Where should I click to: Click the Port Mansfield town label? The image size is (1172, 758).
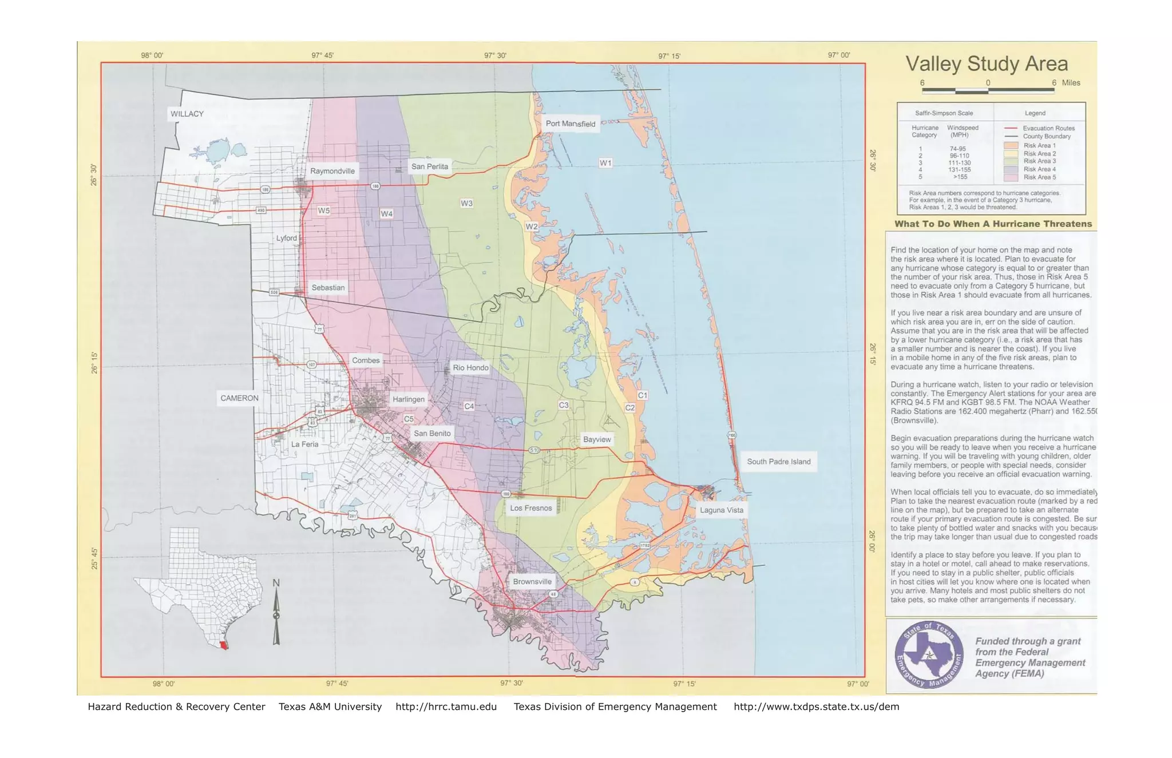point(570,124)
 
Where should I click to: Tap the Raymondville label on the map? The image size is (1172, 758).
point(332,171)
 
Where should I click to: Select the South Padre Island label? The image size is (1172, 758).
point(778,462)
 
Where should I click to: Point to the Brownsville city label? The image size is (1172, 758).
point(532,582)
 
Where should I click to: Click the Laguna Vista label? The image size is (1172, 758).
point(721,510)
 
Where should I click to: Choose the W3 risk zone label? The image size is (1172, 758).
point(466,203)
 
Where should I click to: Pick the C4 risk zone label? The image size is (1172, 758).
point(469,406)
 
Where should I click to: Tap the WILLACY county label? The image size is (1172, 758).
point(187,114)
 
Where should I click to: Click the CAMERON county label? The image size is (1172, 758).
point(239,398)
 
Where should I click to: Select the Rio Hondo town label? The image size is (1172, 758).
point(470,368)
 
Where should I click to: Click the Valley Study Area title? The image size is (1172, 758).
point(987,64)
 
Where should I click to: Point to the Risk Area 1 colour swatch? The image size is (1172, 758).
point(1011,146)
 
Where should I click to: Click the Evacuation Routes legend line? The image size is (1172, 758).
point(1011,129)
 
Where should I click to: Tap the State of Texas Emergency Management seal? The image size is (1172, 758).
point(928,655)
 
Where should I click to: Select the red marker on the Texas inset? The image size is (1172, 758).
point(224,645)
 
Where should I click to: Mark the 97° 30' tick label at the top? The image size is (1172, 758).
point(495,55)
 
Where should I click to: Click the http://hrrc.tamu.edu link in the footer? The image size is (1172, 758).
point(446,707)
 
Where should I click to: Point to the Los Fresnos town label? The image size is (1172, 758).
point(530,508)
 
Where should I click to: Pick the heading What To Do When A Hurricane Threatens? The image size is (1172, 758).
point(993,224)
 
